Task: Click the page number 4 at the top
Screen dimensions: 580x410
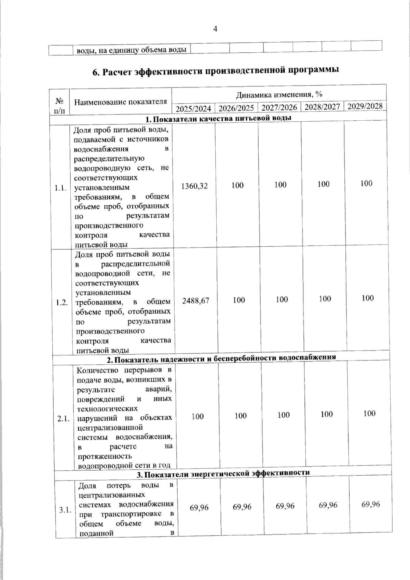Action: coord(215,29)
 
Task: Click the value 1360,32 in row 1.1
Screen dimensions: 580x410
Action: coord(194,186)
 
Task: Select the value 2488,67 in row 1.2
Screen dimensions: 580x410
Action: coord(196,301)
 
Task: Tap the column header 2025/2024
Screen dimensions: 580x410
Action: coord(193,109)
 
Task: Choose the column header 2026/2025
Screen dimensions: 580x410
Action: coord(236,108)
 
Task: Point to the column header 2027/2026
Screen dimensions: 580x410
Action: coord(279,108)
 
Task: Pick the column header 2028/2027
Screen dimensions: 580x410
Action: coord(323,107)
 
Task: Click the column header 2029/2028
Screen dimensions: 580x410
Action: coord(365,106)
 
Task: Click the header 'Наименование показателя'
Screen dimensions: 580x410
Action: coord(121,102)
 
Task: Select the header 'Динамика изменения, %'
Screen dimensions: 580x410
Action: coord(279,95)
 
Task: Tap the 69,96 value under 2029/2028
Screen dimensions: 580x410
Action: coord(371,504)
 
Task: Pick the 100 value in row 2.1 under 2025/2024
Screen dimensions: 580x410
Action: coord(198,416)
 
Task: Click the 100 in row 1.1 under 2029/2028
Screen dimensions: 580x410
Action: coord(366,183)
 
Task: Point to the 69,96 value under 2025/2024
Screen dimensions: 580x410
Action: coord(199,508)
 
